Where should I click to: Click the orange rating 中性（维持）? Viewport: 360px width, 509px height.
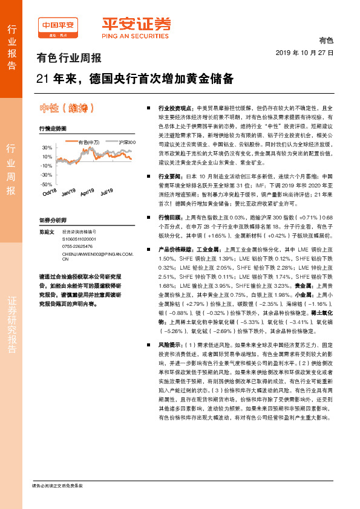click(x=67, y=108)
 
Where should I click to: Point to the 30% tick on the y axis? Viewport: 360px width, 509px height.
click(x=47, y=148)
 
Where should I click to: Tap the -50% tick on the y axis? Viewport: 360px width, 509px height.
click(x=46, y=184)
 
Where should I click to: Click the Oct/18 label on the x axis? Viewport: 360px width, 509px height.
click(x=50, y=193)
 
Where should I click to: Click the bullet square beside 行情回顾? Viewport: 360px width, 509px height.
click(x=149, y=216)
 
